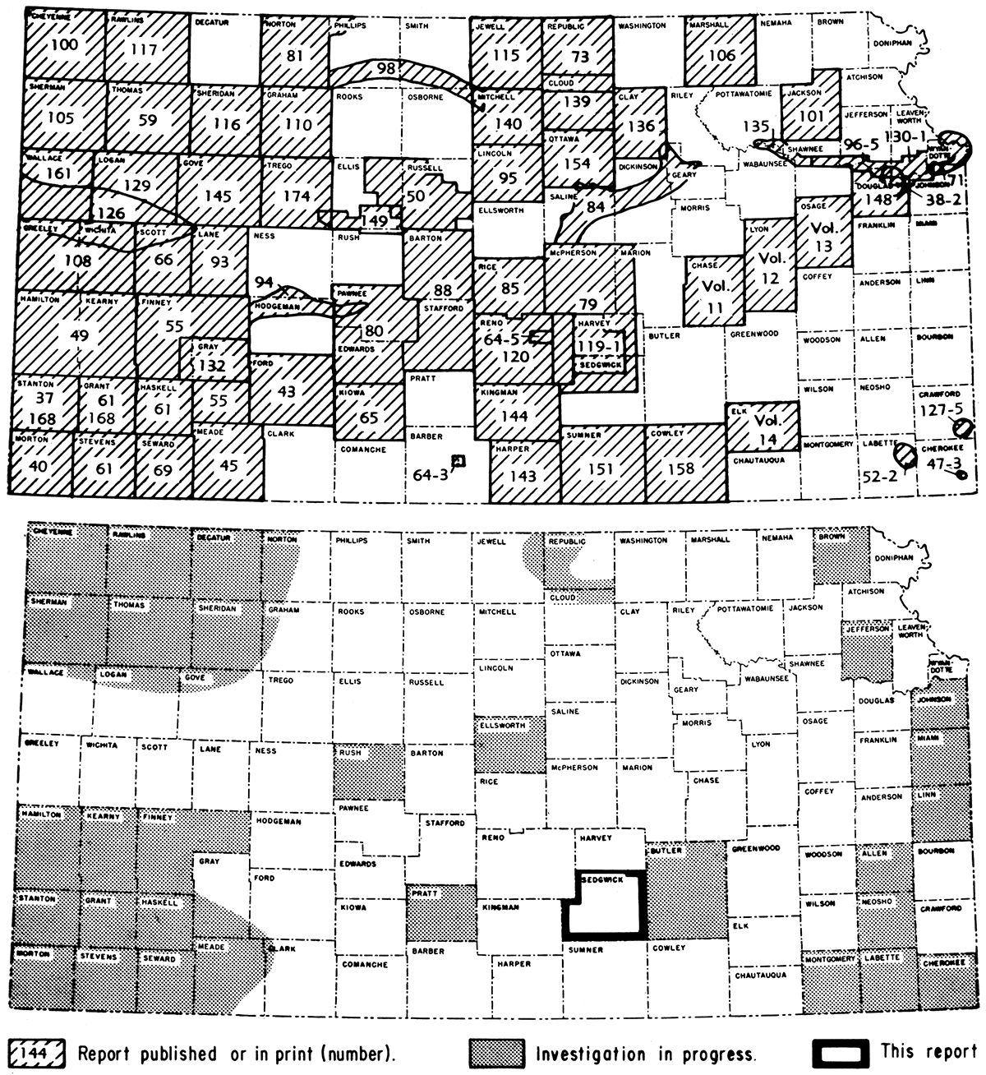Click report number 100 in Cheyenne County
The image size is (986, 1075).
click(65, 44)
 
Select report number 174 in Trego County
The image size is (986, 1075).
click(297, 196)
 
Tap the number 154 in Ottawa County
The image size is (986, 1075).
click(578, 163)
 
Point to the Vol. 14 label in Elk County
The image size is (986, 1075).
click(767, 429)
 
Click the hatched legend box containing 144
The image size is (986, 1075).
click(38, 1053)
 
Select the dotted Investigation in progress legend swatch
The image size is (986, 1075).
click(495, 1053)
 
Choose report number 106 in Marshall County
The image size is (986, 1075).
click(721, 56)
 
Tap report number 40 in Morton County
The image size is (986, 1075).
click(38, 466)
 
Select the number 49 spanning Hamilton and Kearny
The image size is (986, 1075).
click(79, 335)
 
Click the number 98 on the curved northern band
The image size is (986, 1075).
click(386, 69)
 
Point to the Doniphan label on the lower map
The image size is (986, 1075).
click(894, 557)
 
